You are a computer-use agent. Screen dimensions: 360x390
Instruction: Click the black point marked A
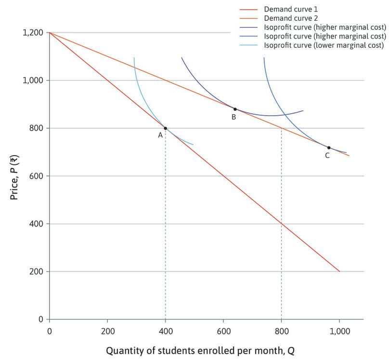click(166, 128)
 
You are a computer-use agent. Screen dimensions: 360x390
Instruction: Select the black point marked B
click(235, 109)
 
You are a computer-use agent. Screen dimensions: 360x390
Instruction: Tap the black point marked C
click(329, 147)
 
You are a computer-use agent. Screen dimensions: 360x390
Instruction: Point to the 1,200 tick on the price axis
click(33, 33)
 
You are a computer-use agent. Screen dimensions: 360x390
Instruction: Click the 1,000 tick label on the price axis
click(33, 80)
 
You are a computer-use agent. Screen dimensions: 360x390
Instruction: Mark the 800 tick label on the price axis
click(37, 128)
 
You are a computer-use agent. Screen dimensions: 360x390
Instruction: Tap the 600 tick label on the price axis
click(37, 176)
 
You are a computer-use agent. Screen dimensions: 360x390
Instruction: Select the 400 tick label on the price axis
click(37, 224)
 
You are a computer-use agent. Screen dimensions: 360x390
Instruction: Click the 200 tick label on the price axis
click(37, 271)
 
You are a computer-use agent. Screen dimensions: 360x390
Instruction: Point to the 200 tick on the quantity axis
click(107, 331)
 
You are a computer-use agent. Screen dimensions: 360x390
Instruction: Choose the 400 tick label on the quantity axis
click(165, 331)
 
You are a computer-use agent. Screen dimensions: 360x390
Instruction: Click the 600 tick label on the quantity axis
click(223, 331)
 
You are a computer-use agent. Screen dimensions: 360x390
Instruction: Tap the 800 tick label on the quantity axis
click(281, 331)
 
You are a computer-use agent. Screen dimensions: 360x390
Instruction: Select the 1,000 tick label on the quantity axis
click(339, 331)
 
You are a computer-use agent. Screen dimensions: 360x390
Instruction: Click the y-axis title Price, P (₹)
click(14, 175)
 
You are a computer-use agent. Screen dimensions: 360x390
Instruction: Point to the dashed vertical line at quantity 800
click(281, 241)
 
